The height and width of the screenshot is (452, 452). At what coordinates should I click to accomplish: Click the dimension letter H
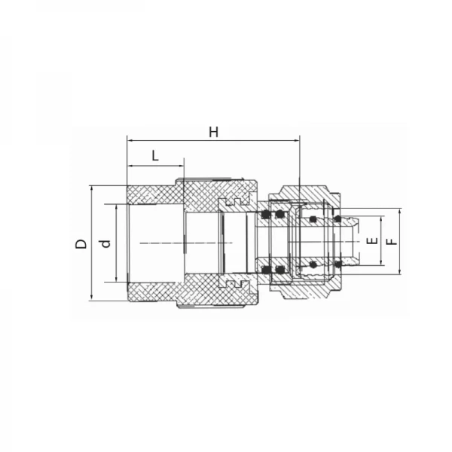[214, 132]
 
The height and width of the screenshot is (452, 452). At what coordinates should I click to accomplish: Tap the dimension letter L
[155, 156]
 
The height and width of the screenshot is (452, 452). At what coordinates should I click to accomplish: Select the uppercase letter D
[80, 243]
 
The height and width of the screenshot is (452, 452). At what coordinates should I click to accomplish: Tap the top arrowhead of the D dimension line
[92, 189]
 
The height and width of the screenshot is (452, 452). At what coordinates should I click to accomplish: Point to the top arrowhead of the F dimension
[400, 212]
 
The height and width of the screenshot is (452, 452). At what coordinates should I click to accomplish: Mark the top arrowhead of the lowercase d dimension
[116, 206]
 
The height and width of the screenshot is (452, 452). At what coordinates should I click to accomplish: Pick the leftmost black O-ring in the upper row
[266, 216]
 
